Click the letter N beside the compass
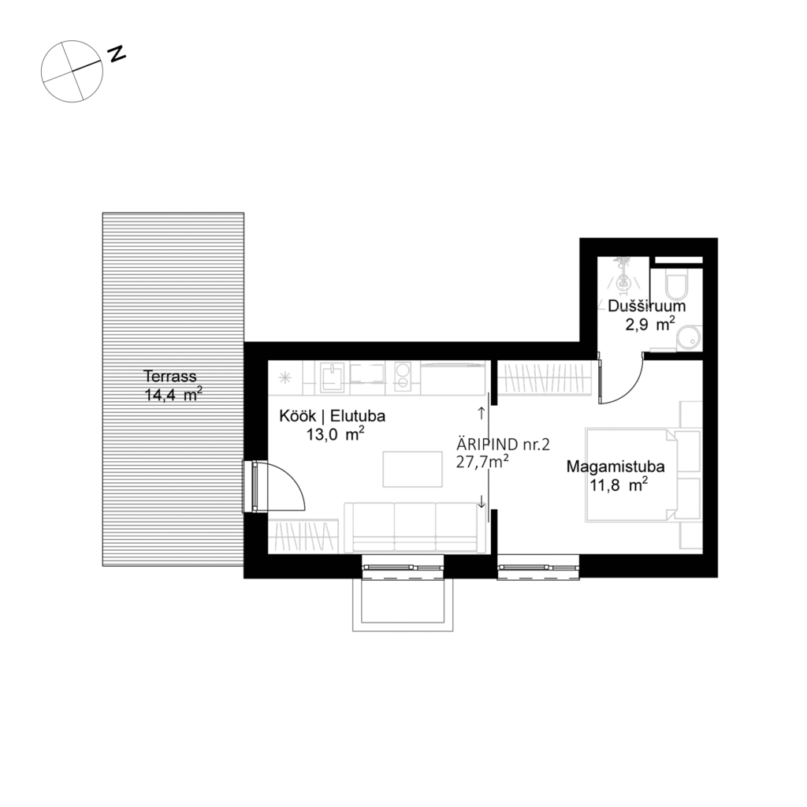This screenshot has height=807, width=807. pos(117,54)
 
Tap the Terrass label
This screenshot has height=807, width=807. pos(169,376)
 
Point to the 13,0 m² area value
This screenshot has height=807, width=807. pos(335,433)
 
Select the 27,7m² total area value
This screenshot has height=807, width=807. pos(482,462)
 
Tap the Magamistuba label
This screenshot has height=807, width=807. pos(615,467)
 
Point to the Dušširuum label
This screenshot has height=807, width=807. pos(646,306)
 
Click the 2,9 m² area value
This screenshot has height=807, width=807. pos(648,323)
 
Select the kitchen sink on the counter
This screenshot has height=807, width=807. pos(333,377)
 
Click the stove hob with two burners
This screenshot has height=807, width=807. pos(403,377)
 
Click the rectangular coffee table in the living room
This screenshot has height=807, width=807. pos(412,469)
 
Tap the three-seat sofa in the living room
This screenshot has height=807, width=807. pos(415,526)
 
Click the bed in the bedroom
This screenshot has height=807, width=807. pos(630,474)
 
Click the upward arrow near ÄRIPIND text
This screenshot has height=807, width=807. pos(482,411)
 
